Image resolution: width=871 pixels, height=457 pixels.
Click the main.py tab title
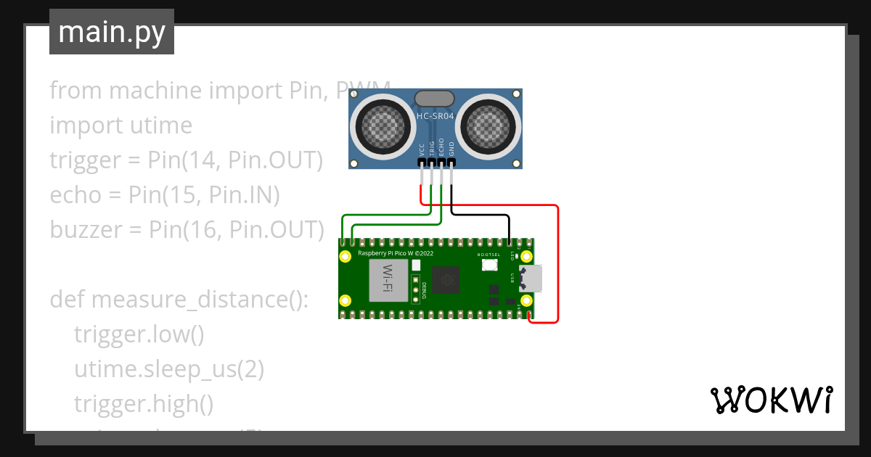pos(112,32)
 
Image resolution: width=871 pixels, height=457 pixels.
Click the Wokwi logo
pos(771,400)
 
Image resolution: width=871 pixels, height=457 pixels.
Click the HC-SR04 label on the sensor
pos(435,116)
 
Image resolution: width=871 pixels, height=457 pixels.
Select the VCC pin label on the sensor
pos(422,149)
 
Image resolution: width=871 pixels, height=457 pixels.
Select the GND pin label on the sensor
pos(451,149)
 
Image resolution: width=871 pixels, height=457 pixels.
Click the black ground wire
pos(479,215)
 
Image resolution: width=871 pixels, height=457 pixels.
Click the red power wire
pos(558,261)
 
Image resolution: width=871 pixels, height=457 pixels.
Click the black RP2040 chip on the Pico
pos(445,280)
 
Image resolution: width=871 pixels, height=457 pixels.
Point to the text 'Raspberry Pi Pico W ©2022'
pos(396,254)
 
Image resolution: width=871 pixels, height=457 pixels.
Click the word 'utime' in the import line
pos(160,125)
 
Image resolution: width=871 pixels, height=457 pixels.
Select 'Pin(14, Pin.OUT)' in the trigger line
pos(235,160)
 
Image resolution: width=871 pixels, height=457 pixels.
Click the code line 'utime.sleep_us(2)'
pos(168,369)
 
